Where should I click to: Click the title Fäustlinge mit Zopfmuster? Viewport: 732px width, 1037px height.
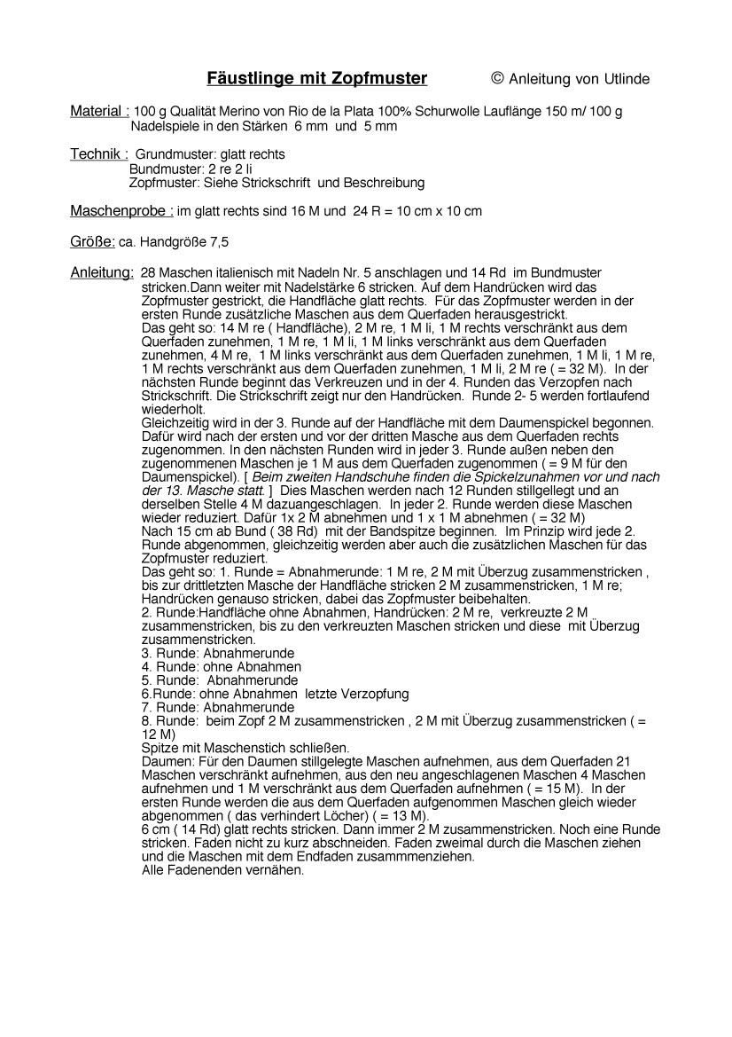pyautogui.click(x=316, y=79)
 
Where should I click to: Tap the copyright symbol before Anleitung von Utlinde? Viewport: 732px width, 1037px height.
pyautogui.click(x=497, y=78)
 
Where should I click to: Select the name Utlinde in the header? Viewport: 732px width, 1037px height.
pyautogui.click(x=626, y=79)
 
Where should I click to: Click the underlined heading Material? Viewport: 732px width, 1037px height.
pyautogui.click(x=99, y=111)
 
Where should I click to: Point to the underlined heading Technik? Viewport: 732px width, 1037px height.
pyautogui.click(x=98, y=154)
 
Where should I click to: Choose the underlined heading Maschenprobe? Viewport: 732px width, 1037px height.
pyautogui.click(x=121, y=211)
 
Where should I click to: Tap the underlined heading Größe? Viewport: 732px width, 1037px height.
pyautogui.click(x=92, y=241)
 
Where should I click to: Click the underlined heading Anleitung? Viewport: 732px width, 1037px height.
pyautogui.click(x=102, y=272)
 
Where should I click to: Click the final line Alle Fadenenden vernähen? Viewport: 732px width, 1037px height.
pyautogui.click(x=222, y=870)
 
